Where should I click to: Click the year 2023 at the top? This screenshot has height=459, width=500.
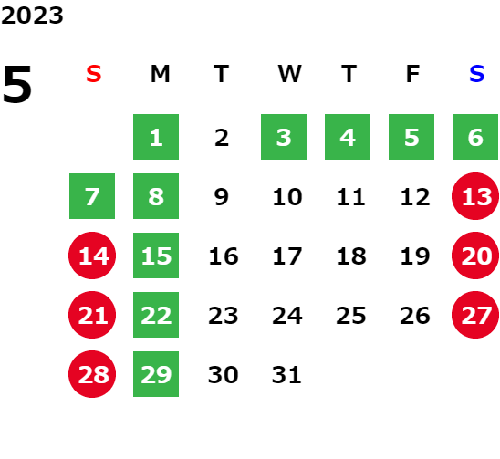(x=32, y=16)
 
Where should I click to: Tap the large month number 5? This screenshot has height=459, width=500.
(x=17, y=84)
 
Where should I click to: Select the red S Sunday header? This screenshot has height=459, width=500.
(x=94, y=74)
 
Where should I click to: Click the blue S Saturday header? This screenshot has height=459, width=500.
(x=476, y=74)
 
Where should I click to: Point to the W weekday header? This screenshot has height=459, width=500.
(x=289, y=74)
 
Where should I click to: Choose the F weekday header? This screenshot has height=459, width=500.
(x=412, y=74)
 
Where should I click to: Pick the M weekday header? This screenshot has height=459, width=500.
(x=160, y=74)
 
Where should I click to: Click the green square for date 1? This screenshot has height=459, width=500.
(x=156, y=137)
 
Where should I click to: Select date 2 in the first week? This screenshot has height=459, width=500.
(x=222, y=138)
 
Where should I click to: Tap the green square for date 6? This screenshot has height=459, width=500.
(x=475, y=137)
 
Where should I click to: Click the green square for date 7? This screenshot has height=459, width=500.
(x=92, y=196)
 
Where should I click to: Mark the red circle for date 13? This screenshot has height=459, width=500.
(x=475, y=196)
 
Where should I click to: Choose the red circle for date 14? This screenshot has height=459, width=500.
(x=92, y=256)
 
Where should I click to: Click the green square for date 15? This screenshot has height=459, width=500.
(x=156, y=256)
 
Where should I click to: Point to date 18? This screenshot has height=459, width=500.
(x=351, y=256)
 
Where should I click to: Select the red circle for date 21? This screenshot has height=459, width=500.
(x=92, y=315)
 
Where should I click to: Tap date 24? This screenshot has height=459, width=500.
(x=287, y=316)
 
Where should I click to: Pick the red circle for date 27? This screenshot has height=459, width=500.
(x=475, y=315)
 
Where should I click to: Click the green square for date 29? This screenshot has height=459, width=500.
(x=156, y=374)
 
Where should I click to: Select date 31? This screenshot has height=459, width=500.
(x=286, y=374)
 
